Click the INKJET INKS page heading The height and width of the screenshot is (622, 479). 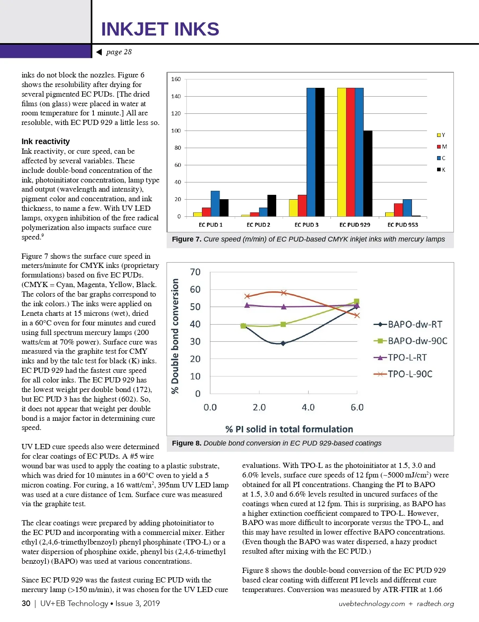(160, 29)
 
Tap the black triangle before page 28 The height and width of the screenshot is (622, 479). (99, 52)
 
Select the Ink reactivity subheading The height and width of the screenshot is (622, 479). (46, 141)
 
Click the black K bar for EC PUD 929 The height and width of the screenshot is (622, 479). (368, 173)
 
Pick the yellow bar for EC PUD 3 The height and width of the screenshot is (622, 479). (293, 208)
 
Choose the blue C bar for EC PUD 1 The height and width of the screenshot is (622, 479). (215, 204)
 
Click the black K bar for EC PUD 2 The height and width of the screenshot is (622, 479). (272, 206)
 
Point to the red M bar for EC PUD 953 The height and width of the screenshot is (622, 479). (398, 210)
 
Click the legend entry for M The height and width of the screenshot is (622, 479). (442, 147)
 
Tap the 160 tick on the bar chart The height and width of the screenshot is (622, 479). (176, 79)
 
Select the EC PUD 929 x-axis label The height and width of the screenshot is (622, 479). (354, 225)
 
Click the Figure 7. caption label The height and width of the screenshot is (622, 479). (186, 239)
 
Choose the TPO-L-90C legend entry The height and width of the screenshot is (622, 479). (404, 374)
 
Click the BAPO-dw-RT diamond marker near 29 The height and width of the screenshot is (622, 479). (283, 343)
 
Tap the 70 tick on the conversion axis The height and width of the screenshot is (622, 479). (195, 272)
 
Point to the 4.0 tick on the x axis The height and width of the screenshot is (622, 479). (308, 407)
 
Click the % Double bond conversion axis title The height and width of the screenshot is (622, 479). (175, 336)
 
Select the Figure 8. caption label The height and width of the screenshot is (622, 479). (186, 443)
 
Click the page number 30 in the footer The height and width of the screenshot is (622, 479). (26, 603)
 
